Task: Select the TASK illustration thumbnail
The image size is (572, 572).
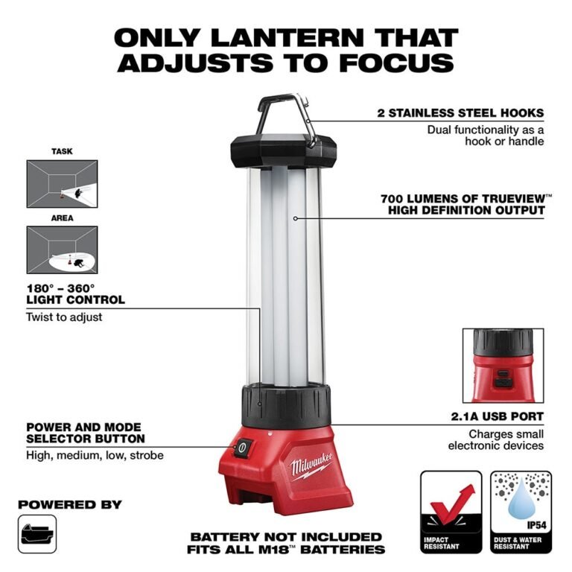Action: coord(62,184)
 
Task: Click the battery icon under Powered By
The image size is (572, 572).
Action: coord(37,533)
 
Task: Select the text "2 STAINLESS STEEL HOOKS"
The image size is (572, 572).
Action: coord(460,114)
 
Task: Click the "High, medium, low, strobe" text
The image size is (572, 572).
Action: coord(95,454)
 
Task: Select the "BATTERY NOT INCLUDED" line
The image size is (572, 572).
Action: coord(287,537)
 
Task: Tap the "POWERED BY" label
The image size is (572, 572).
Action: coord(70,504)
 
